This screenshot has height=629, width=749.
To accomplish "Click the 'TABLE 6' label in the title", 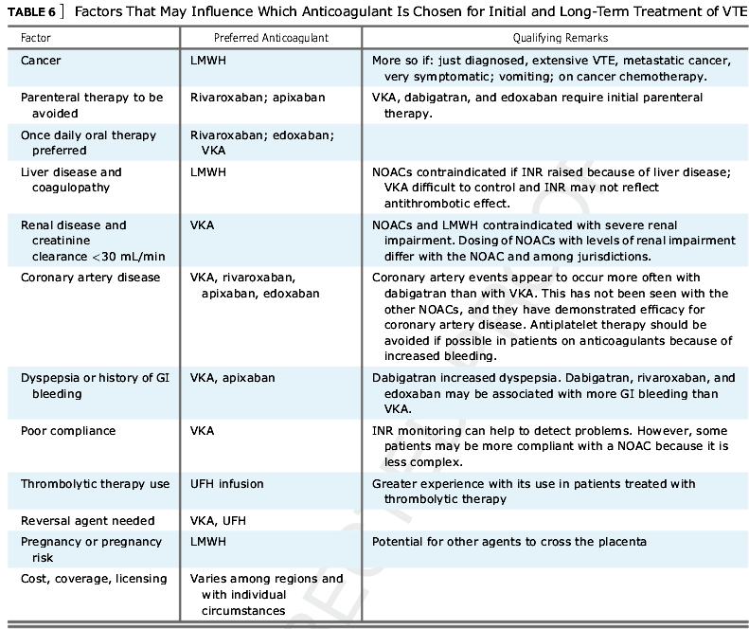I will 27,11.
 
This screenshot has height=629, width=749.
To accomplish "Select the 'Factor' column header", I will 35,37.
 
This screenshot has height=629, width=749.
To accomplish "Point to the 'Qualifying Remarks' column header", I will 555,37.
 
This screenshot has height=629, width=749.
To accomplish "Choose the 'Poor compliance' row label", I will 68,431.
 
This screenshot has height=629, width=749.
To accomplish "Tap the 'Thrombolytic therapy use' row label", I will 96,484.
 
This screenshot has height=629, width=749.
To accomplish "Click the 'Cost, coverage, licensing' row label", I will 94,578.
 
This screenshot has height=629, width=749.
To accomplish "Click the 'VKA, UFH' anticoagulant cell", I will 219,520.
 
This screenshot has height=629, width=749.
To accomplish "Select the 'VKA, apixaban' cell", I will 233,378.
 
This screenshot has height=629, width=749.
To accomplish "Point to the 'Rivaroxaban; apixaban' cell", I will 251,98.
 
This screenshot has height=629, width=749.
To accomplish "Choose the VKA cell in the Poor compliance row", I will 203,431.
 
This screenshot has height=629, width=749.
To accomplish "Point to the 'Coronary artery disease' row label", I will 91,278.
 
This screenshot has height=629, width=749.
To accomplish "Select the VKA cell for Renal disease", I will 203,225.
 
